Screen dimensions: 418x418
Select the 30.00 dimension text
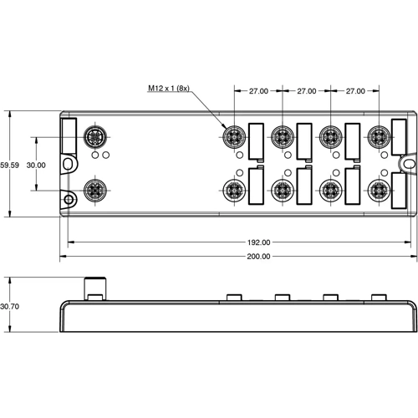point(35,165)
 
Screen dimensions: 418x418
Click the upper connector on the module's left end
point(94,137)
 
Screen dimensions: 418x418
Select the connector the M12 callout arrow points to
point(233,136)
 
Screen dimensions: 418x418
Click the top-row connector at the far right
point(380,136)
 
